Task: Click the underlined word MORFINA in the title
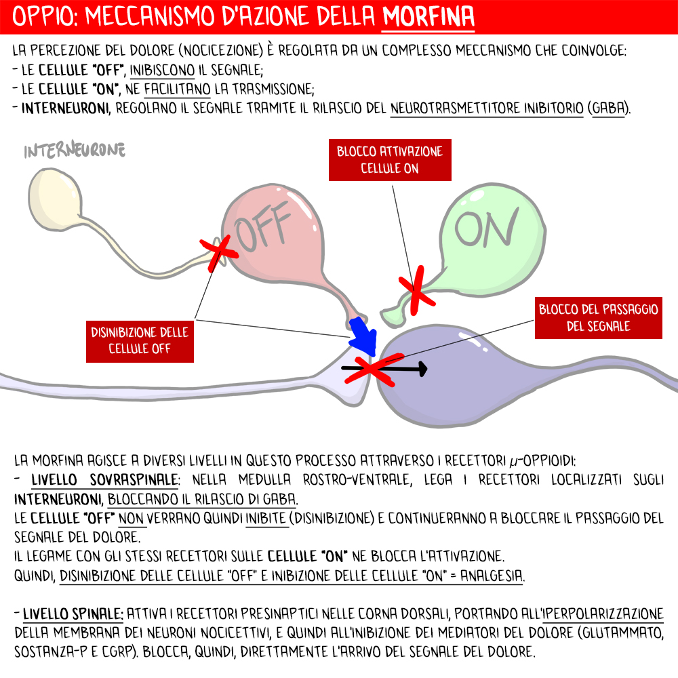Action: coord(428,16)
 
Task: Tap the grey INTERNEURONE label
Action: coord(75,151)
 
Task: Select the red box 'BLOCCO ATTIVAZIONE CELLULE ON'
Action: coord(390,160)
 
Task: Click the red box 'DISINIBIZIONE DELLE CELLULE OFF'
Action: coord(140,340)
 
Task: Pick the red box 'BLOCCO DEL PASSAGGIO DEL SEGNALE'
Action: coord(599,317)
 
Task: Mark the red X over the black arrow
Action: coord(372,369)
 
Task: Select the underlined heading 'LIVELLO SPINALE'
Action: coord(73,615)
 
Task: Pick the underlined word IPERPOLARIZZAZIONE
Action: coord(606,615)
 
